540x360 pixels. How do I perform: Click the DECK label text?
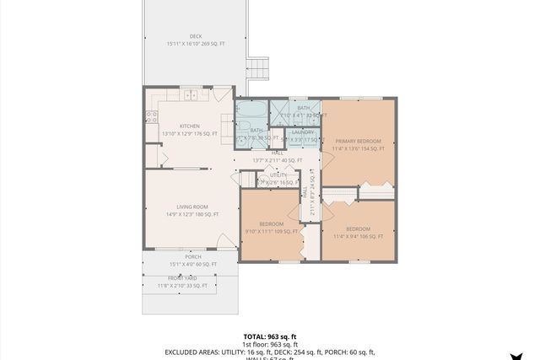pyautogui.click(x=196, y=36)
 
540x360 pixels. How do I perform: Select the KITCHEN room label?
pyautogui.click(x=189, y=126)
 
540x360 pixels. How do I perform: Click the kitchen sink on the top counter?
pyautogui.click(x=192, y=94)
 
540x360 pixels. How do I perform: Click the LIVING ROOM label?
pyautogui.click(x=192, y=207)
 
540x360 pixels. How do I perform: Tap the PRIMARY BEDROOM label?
pyautogui.click(x=358, y=141)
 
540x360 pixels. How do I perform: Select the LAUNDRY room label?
pyautogui.click(x=302, y=132)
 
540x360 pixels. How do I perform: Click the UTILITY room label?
pyautogui.click(x=278, y=175)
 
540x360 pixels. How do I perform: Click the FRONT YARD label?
pyautogui.click(x=181, y=277)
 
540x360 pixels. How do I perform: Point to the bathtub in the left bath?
pyautogui.click(x=251, y=110)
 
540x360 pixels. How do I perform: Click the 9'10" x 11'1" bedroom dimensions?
pyautogui.click(x=271, y=231)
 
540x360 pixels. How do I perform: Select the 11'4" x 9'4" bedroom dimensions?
pyautogui.click(x=358, y=236)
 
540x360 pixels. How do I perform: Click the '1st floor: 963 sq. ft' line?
pyautogui.click(x=270, y=344)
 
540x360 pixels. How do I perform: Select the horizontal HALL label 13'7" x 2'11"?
pyautogui.click(x=277, y=160)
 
